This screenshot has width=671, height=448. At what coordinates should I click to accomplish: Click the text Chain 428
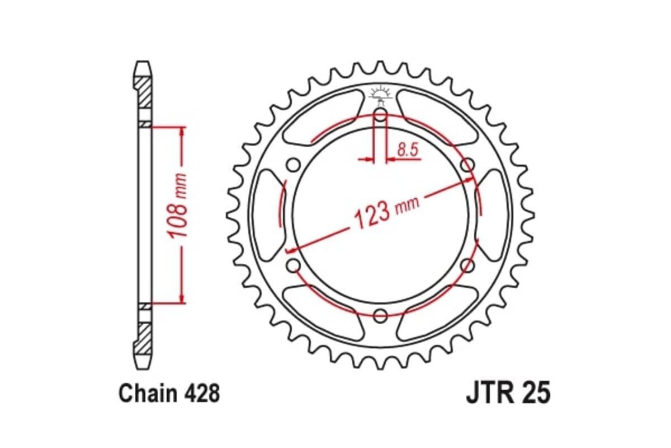point(169,394)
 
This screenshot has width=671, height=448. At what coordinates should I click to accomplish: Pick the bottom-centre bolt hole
point(380,315)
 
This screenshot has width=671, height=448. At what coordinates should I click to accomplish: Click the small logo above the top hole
point(380,93)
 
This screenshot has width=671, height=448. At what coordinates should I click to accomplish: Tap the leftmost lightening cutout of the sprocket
point(267,215)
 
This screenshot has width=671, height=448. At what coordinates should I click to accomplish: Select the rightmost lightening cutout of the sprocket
point(493,215)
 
